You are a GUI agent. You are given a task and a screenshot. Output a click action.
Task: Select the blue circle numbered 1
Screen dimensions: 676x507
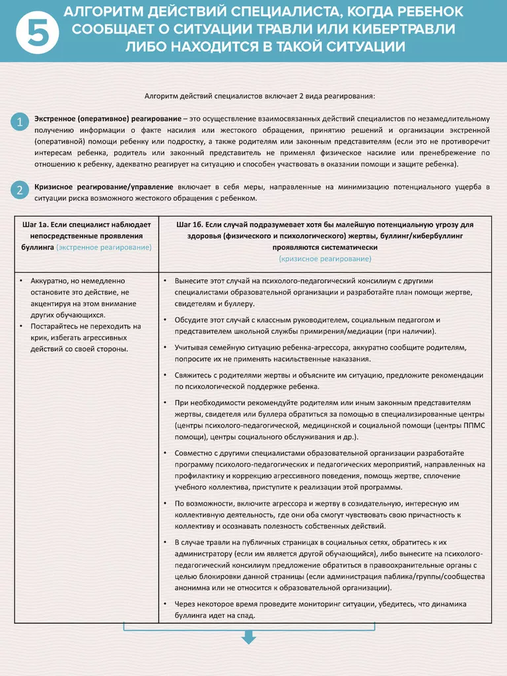tap(20, 121)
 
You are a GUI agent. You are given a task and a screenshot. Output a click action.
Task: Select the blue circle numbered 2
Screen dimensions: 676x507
tap(20, 191)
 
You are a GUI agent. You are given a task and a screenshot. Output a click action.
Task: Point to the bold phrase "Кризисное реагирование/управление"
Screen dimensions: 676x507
tap(104, 187)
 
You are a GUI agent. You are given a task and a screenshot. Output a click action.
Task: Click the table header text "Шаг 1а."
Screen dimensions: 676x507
tap(38, 224)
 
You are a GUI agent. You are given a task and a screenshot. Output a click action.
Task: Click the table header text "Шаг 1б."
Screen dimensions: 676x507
tap(192, 224)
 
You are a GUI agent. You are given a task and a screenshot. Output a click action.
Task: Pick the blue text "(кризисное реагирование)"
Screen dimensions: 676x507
tap(325, 258)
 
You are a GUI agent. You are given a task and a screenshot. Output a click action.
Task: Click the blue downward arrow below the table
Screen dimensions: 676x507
tap(249, 637)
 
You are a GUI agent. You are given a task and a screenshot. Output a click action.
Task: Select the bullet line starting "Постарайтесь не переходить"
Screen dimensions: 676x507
tap(85, 326)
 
